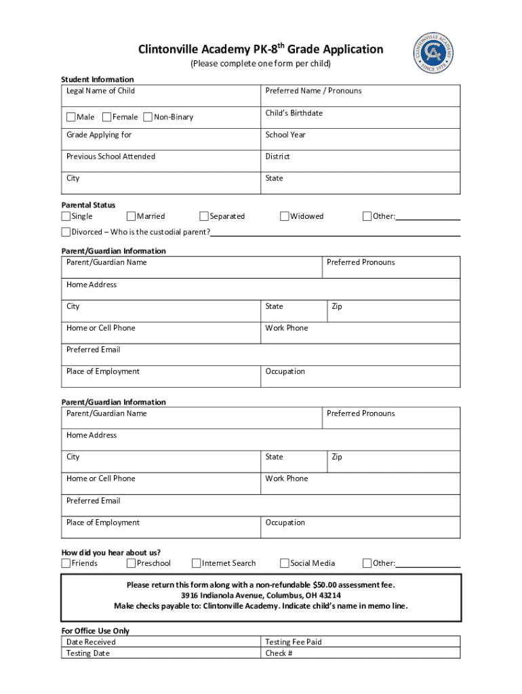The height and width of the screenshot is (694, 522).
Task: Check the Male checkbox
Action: point(71,117)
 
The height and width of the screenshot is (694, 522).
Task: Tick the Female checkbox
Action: point(106,117)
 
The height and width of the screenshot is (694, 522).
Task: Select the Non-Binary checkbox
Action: point(148,117)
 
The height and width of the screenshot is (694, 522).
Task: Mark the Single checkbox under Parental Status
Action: point(66,217)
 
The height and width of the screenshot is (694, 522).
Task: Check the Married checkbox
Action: point(131,217)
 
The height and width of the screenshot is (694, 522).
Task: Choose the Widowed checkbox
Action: point(285,217)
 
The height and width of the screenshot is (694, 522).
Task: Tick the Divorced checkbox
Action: point(66,232)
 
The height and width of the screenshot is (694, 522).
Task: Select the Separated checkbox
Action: point(204,217)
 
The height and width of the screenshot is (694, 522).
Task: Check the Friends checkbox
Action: point(66,563)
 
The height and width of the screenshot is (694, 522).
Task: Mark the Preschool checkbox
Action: point(131,563)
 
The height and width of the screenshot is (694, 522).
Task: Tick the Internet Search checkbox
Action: point(197,563)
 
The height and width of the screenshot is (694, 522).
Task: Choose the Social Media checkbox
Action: point(285,563)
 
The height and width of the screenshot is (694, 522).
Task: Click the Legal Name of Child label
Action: point(100,91)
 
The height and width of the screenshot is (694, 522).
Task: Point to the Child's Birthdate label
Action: point(294,113)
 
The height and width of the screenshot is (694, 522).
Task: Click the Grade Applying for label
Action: point(99,135)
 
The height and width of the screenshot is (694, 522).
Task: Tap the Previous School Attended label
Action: point(111,157)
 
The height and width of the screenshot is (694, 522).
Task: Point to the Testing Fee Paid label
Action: point(293,642)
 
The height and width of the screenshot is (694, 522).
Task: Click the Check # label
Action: point(279,653)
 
